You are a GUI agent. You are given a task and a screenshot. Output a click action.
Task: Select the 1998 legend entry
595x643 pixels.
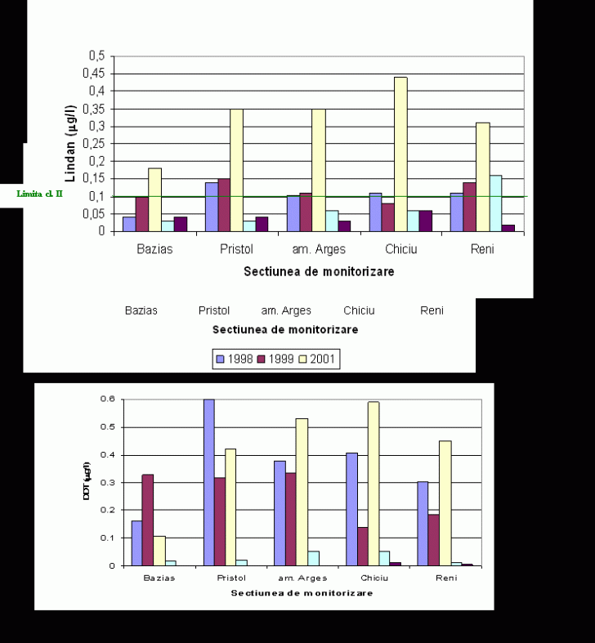coord(235,359)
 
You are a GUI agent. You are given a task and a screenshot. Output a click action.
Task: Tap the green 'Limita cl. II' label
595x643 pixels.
coord(40,194)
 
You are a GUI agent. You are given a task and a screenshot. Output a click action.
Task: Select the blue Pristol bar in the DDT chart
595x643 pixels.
coord(209,482)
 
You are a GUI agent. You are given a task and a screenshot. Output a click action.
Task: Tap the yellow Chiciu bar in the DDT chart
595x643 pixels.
coord(374,483)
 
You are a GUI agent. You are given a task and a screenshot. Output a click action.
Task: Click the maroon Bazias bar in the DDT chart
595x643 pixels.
coord(148,520)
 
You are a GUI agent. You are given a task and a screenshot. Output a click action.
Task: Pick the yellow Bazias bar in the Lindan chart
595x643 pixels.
coord(154,199)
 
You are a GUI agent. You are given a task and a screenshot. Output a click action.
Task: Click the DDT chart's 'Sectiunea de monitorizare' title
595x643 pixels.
coord(302,592)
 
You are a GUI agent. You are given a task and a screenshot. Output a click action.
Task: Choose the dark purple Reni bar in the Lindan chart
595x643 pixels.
coord(508,228)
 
